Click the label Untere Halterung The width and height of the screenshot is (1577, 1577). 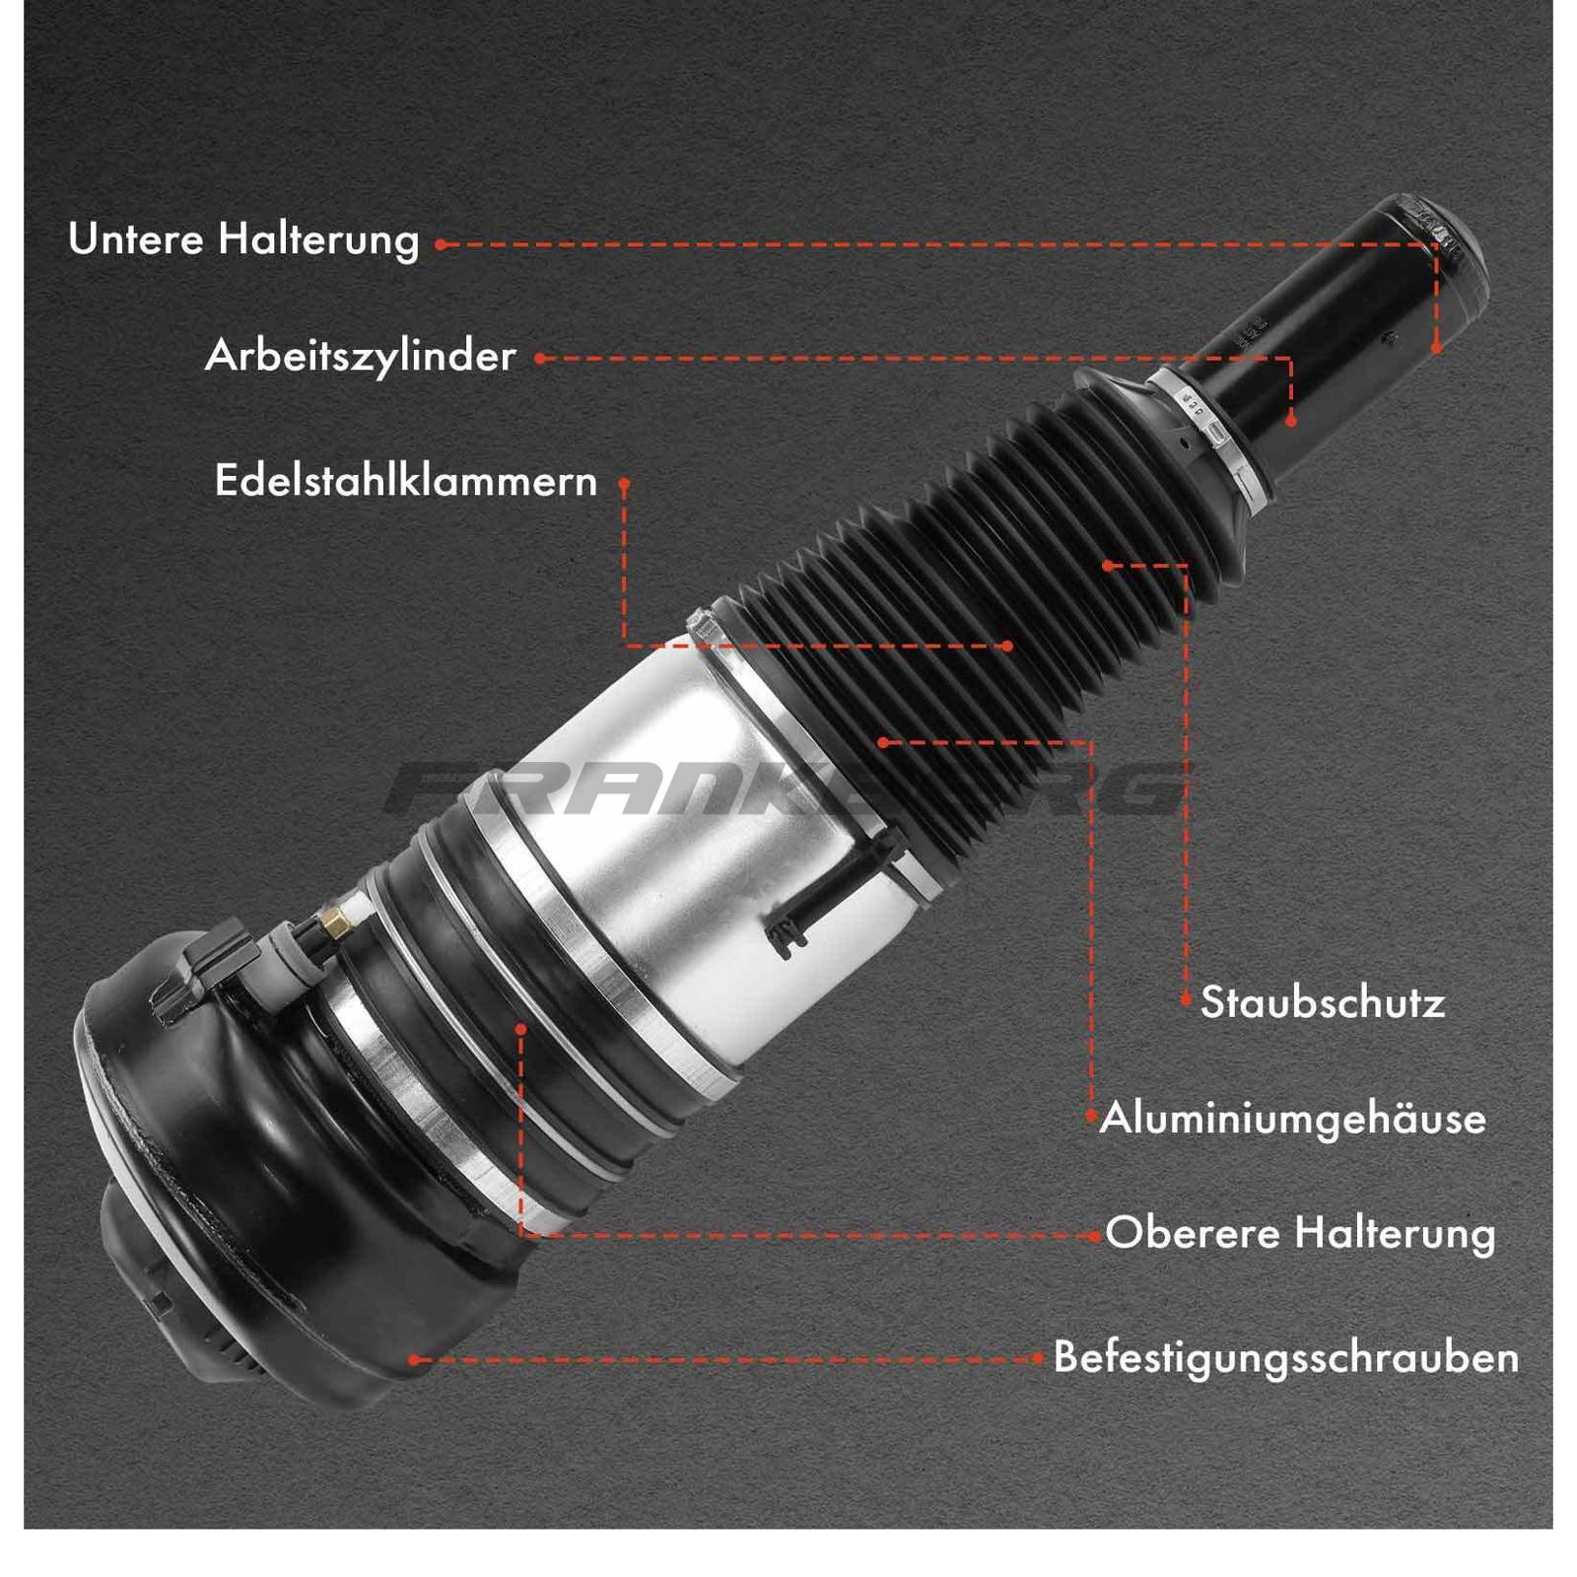[243, 240]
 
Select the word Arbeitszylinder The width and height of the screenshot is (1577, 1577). [361, 357]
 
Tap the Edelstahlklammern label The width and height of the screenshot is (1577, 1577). [406, 481]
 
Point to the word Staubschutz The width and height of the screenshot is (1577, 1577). [1323, 1002]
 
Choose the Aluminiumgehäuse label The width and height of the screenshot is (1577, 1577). [1293, 1120]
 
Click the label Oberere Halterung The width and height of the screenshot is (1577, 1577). [1300, 1234]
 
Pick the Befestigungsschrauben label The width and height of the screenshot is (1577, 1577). [1286, 1358]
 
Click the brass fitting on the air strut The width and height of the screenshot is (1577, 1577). [335, 922]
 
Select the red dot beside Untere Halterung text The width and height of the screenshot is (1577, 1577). [441, 244]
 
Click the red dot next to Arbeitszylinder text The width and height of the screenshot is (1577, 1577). [540, 359]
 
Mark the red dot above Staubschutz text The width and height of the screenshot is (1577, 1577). [1186, 999]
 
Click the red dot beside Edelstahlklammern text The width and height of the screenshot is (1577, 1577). [624, 484]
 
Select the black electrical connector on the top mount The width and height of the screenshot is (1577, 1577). [202, 971]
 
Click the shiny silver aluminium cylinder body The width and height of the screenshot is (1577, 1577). [690, 848]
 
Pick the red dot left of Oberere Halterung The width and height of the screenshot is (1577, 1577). [1095, 1236]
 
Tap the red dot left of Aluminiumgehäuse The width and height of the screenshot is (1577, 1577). [1091, 1117]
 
